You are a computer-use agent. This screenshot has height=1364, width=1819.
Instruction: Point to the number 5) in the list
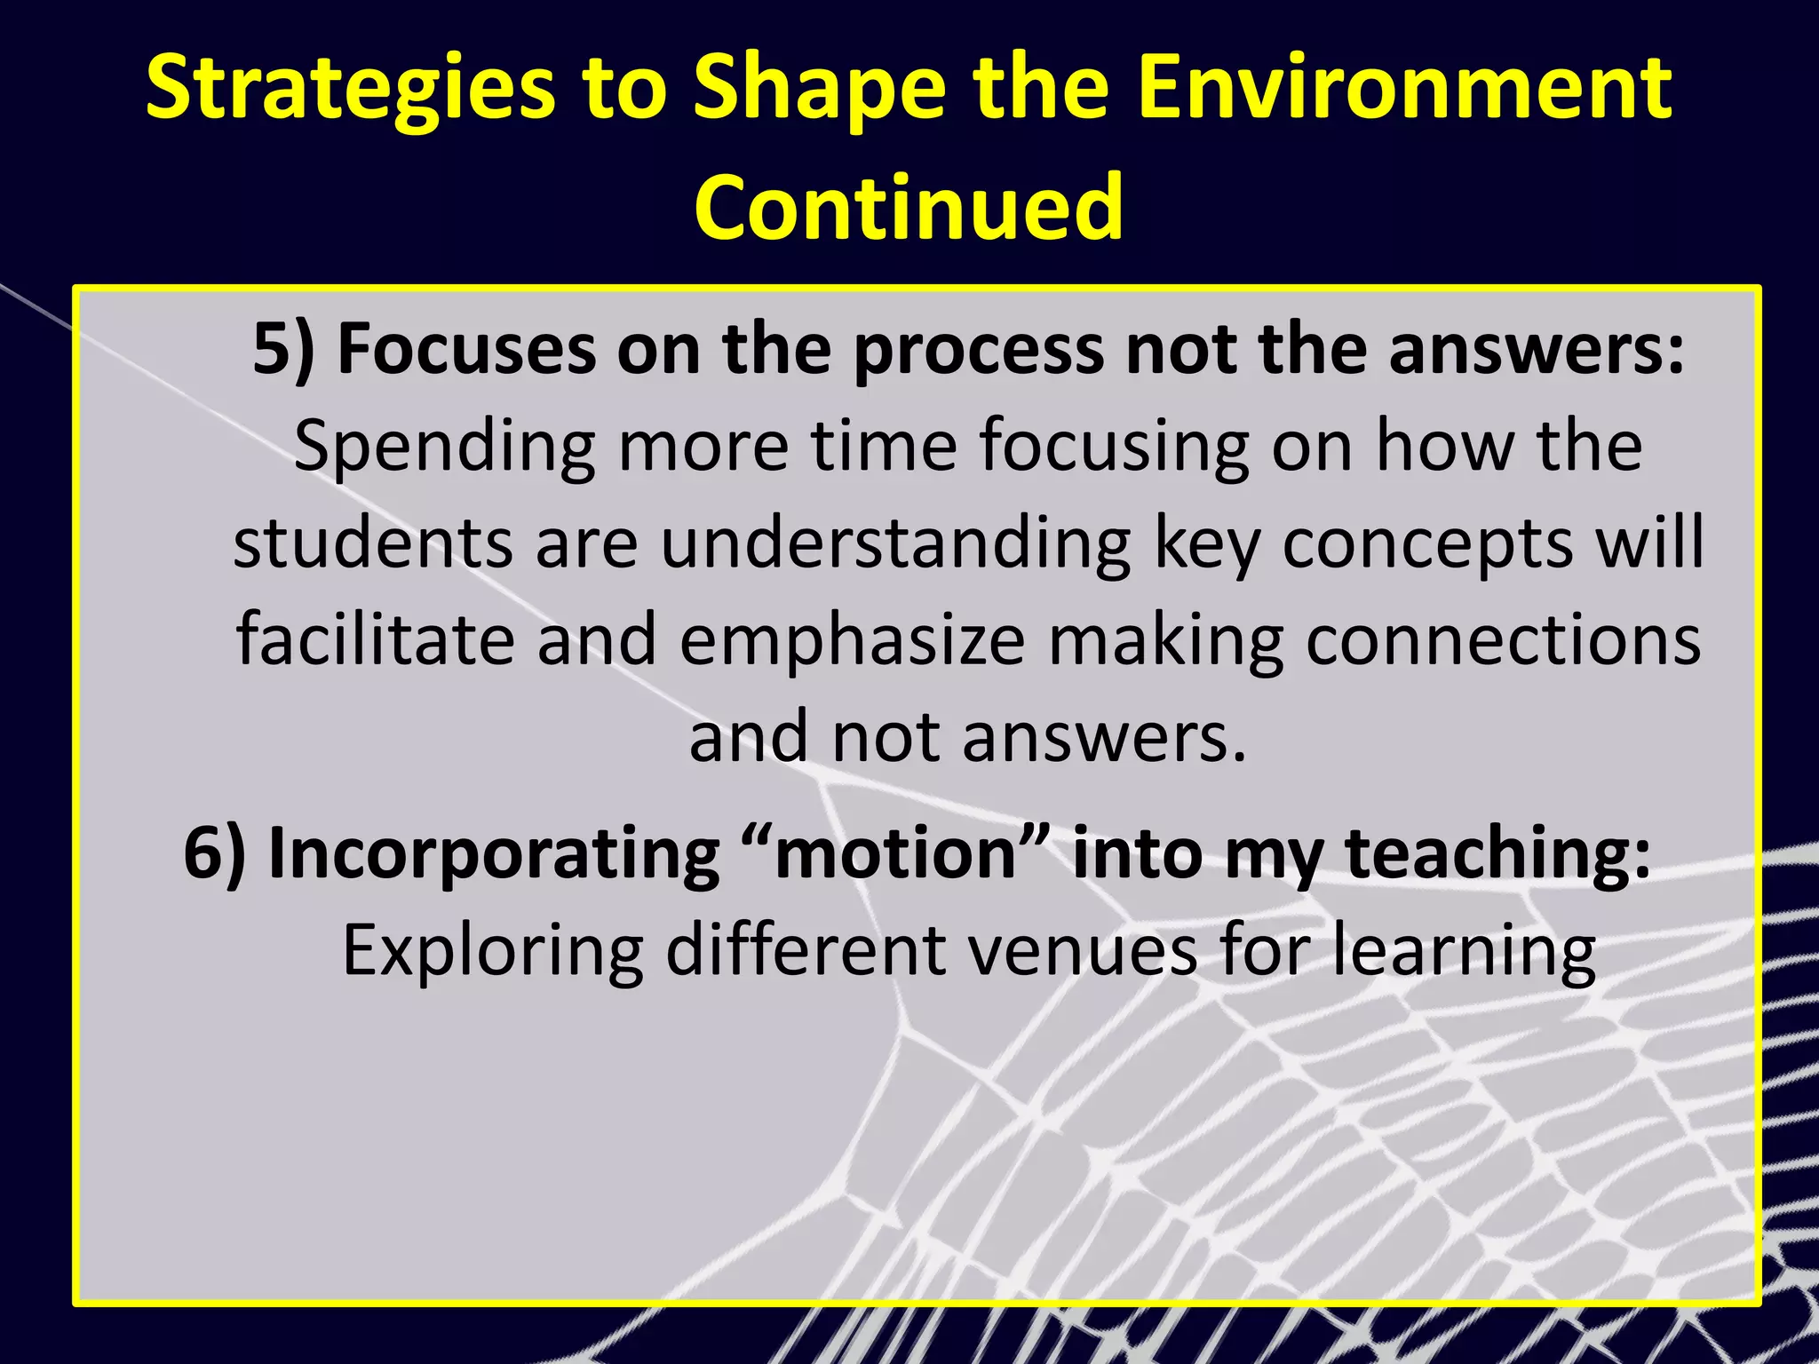(x=283, y=349)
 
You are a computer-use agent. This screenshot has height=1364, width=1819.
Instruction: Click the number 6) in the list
(x=214, y=852)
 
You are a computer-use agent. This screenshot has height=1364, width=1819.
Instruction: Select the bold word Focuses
(x=466, y=349)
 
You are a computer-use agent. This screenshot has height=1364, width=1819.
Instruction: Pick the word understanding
(x=896, y=544)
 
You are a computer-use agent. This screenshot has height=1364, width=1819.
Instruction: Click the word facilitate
(x=375, y=640)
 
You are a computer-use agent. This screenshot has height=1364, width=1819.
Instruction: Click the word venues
(x=1082, y=951)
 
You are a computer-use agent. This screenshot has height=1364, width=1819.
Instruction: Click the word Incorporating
(x=494, y=854)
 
